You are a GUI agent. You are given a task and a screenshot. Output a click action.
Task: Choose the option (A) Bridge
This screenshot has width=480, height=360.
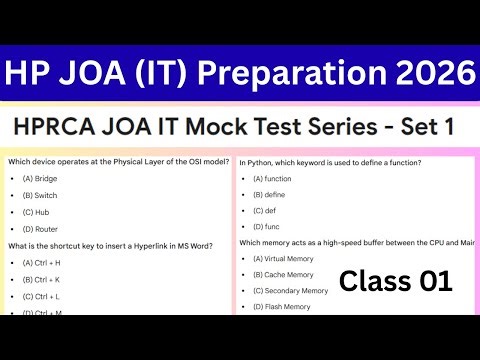(40, 178)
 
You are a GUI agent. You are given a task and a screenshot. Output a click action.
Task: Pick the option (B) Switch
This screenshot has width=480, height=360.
(40, 195)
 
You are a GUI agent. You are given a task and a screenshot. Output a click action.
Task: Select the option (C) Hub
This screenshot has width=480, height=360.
(35, 212)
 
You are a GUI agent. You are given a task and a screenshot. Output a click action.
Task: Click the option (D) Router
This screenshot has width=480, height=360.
(40, 229)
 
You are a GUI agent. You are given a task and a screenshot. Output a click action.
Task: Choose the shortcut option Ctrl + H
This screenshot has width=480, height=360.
(41, 262)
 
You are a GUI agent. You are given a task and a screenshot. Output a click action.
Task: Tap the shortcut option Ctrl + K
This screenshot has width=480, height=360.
(41, 279)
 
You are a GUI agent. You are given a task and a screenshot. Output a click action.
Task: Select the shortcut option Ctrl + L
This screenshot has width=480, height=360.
(41, 296)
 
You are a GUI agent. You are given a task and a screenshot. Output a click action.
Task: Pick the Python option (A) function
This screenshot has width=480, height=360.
(272, 178)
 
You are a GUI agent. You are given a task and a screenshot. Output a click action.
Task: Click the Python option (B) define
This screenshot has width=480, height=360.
(269, 195)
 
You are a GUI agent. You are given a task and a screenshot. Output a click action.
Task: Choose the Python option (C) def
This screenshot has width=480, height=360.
(264, 212)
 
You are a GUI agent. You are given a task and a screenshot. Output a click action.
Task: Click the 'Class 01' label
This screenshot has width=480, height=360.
(395, 282)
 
